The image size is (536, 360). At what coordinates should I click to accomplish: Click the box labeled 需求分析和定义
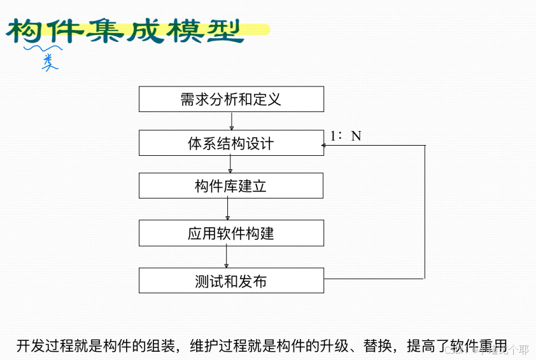[x=231, y=99]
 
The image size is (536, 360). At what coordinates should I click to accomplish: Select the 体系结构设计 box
[x=231, y=143]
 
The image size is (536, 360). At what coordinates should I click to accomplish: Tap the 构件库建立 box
[x=231, y=186]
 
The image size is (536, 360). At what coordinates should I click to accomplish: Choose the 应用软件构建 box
[x=231, y=233]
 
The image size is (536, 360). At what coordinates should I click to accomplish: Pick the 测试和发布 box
[x=231, y=280]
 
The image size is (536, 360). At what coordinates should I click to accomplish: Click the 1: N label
[x=346, y=135]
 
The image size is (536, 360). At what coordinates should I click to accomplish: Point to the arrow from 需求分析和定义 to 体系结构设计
[x=232, y=121]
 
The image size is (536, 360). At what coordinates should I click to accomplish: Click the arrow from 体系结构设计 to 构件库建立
[x=230, y=164]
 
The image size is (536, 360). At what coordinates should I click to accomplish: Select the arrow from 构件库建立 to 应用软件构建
[x=228, y=209]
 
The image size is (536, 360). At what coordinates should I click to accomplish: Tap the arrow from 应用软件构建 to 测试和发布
[x=227, y=256]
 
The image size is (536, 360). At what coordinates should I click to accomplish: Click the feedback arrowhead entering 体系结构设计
[x=324, y=146]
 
